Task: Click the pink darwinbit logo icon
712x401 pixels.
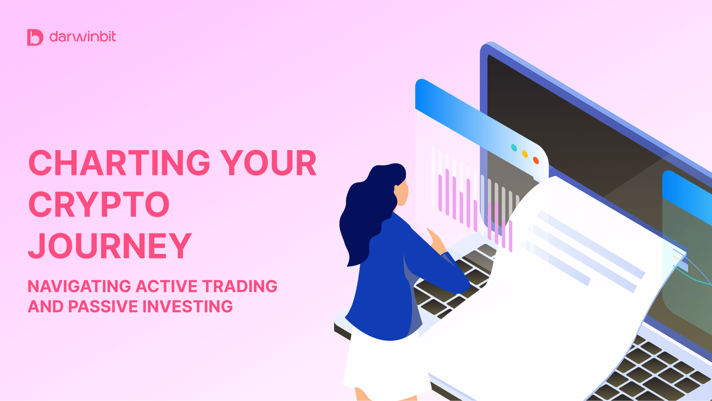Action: [x=35, y=37]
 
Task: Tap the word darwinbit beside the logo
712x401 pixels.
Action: [x=83, y=37]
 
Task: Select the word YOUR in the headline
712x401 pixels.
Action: [x=268, y=163]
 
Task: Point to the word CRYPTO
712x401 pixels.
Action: [x=99, y=205]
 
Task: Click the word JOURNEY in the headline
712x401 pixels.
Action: [x=110, y=246]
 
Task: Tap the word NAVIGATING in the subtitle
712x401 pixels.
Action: [x=79, y=286]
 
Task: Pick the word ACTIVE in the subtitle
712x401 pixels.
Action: [x=167, y=286]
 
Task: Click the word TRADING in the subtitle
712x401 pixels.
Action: [x=240, y=286]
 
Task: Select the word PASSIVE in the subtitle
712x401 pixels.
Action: [x=103, y=307]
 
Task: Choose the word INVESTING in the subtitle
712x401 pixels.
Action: [x=187, y=307]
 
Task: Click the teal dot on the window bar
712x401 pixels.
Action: [x=514, y=148]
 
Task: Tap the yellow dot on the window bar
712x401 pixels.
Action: [x=525, y=154]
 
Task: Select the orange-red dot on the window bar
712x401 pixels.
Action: [x=536, y=160]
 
